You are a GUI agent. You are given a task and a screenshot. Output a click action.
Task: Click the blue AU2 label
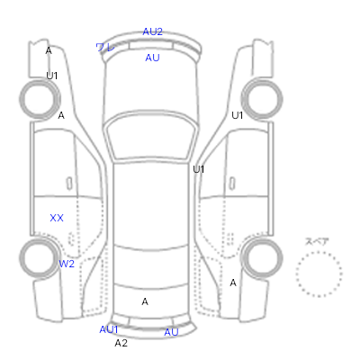[x=152, y=31]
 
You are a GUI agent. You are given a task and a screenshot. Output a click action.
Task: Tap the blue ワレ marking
[x=105, y=48]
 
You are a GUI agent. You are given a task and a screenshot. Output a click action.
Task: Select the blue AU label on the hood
[x=152, y=58]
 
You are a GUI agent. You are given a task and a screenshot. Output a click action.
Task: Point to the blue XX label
[x=57, y=218]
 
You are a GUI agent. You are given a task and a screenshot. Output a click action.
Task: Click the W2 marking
[x=67, y=264]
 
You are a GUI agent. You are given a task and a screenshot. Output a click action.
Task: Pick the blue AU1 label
[x=109, y=329]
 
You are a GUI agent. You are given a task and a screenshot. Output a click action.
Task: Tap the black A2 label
[x=121, y=343]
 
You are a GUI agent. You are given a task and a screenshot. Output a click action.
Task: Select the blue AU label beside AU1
[x=171, y=332]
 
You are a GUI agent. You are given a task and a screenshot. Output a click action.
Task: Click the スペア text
[x=317, y=242]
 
